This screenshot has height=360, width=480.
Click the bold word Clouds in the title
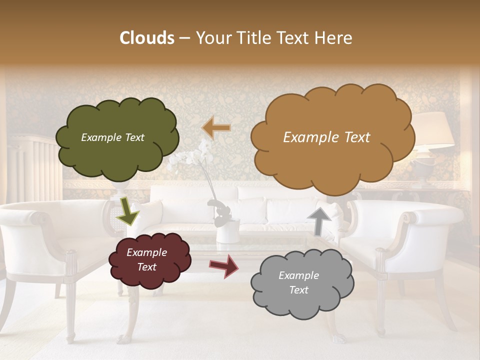[147, 38]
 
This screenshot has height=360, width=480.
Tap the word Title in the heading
[254, 38]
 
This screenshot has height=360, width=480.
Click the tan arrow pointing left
[216, 128]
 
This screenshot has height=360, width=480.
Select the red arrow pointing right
[224, 265]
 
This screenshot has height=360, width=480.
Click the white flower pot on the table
[227, 231]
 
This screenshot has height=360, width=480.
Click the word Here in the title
[334, 38]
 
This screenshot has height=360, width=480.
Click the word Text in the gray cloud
[299, 290]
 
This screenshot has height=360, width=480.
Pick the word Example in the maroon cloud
[147, 252]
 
